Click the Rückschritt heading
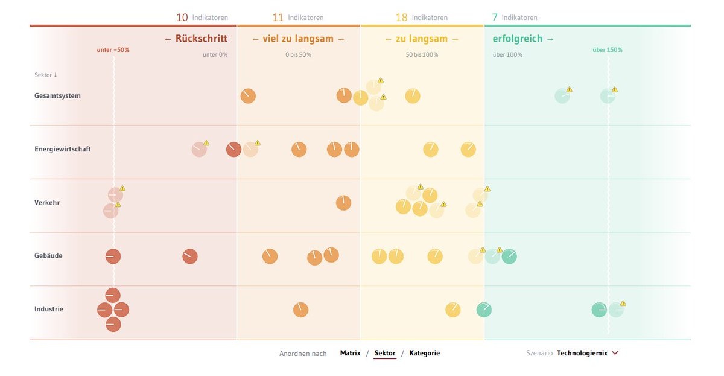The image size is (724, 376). [x=196, y=39]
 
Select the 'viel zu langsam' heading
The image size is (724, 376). [x=298, y=39]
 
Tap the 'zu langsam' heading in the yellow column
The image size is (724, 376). [x=422, y=39]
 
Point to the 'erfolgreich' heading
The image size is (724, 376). [x=523, y=39]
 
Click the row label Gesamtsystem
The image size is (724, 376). [x=57, y=95]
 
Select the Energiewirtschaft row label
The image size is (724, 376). [x=63, y=149]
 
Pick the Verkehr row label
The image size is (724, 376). [x=47, y=203]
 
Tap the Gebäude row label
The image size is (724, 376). [x=48, y=256]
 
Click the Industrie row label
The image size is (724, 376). [x=49, y=310]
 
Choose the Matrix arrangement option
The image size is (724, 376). [x=350, y=353]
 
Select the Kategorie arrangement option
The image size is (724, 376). [x=424, y=353]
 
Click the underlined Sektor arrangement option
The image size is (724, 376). [x=385, y=353]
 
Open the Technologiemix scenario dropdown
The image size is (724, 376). [x=588, y=353]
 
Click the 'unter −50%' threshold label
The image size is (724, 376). [x=113, y=50]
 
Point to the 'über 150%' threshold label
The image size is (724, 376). [x=607, y=50]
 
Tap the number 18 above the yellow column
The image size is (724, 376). [x=401, y=18]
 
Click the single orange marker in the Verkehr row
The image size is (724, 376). [x=343, y=203]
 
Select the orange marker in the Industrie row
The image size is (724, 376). [x=300, y=310]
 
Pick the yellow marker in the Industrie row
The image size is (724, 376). [x=453, y=310]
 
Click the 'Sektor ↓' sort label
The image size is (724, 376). [x=45, y=75]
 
